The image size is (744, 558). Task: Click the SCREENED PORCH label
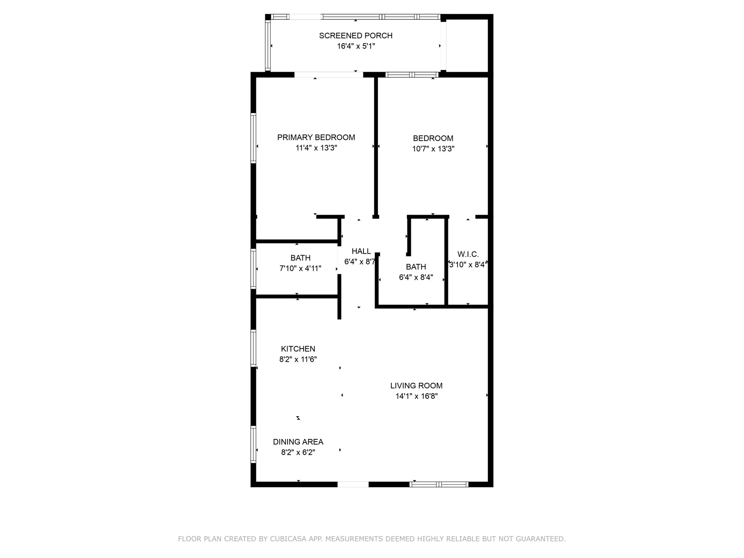pos(356,36)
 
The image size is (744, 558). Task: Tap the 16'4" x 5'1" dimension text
pos(356,46)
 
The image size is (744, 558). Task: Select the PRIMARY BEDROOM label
pos(316,137)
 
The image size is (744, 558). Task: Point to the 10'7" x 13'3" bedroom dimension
pos(433,149)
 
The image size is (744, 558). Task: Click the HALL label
pos(361,251)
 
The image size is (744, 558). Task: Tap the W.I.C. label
pos(468,254)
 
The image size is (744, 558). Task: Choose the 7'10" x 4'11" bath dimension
pos(300,268)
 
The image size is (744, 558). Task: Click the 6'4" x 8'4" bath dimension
pos(416,277)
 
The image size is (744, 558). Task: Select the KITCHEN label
pos(298,349)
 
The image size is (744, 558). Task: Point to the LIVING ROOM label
pos(416,386)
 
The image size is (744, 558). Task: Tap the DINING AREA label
pos(298,442)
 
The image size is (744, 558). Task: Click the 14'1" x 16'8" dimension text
pos(416,396)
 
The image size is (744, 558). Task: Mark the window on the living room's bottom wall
pos(439,484)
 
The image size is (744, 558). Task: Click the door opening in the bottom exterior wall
pos(353,484)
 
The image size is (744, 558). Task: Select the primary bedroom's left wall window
pos(253,138)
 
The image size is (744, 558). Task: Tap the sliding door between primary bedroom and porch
pos(328,75)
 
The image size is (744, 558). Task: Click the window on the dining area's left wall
pos(253,444)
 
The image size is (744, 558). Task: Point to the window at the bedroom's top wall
pos(411,75)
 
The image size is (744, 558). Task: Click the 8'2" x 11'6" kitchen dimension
pos(298,359)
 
